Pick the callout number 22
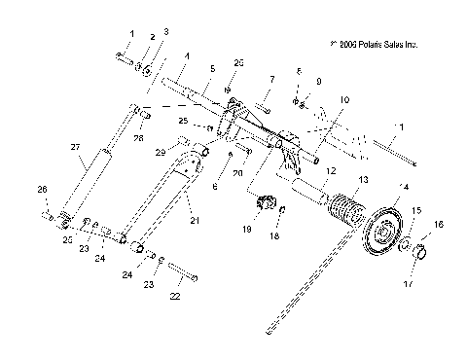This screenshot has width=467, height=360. pos(175,296)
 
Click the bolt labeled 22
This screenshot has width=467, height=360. pos(182,273)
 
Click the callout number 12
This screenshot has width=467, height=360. pos(330,171)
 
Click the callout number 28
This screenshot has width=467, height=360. pos(138,139)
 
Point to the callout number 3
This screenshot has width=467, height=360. pos(165,32)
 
